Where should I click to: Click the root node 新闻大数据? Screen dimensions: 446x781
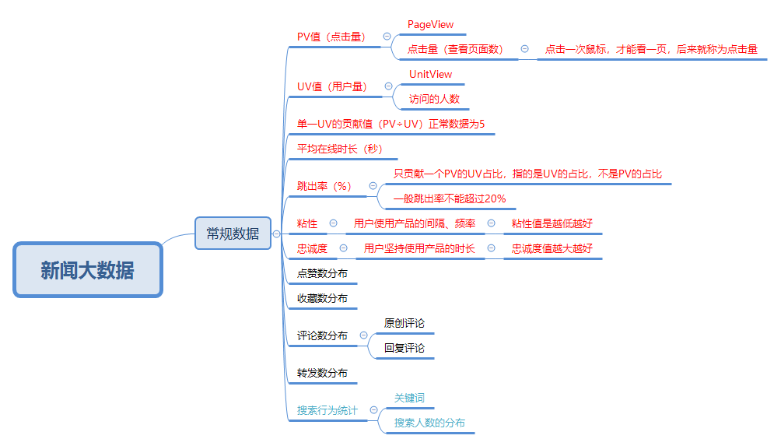click(87, 270)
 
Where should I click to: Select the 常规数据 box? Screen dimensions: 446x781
click(233, 234)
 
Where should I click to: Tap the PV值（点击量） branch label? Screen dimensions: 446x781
click(331, 37)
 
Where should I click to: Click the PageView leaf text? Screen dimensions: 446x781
click(430, 25)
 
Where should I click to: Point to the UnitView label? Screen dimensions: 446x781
click(430, 74)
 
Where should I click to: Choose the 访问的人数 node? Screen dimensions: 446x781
click(435, 99)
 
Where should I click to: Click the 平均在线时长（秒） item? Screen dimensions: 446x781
click(340, 149)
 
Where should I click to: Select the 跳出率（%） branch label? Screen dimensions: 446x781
click(324, 186)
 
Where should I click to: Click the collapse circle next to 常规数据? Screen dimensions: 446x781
click(276, 234)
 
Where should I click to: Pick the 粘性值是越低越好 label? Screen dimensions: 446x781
click(552, 223)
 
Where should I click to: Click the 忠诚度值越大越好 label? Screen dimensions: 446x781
click(552, 248)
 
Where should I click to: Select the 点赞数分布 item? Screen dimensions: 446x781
click(322, 273)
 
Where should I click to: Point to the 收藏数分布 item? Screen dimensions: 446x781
click(322, 298)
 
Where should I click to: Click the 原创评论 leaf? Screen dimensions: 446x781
click(405, 323)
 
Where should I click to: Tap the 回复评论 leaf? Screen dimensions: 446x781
click(405, 348)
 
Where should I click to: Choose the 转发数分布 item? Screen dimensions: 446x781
click(322, 373)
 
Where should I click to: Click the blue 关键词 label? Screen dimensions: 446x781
click(409, 398)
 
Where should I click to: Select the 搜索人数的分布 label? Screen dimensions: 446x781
click(429, 423)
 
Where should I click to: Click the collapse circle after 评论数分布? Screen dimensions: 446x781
click(363, 335)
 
